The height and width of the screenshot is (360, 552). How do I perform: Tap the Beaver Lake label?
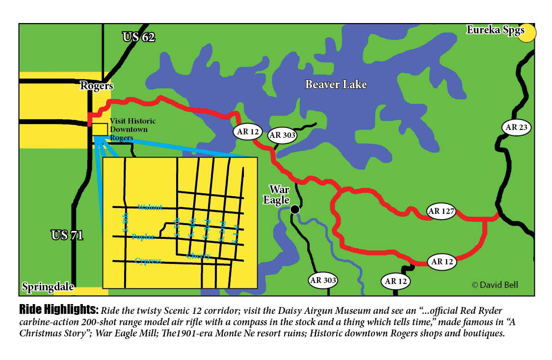(336, 84)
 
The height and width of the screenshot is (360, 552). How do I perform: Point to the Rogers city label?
(97, 86)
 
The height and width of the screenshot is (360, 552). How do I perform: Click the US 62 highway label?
(139, 37)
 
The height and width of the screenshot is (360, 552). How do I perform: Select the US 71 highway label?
(67, 235)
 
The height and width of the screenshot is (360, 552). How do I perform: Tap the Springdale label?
(48, 287)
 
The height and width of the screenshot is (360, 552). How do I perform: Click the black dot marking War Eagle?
(294, 209)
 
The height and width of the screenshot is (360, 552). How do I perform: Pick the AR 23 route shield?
(517, 128)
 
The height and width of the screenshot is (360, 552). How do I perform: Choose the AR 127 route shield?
(442, 212)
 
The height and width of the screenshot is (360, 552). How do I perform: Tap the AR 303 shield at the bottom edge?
(323, 281)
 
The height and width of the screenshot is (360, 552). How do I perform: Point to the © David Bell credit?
(495, 285)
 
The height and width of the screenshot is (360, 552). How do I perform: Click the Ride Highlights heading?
(58, 310)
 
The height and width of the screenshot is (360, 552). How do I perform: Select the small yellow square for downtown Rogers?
(100, 129)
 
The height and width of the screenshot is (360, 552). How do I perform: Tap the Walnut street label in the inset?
(150, 207)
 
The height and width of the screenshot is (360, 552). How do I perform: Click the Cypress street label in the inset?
(148, 261)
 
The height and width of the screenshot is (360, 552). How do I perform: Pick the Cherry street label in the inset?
(198, 256)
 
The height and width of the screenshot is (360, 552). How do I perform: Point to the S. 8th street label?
(125, 222)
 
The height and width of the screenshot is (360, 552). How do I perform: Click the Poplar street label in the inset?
(143, 237)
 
